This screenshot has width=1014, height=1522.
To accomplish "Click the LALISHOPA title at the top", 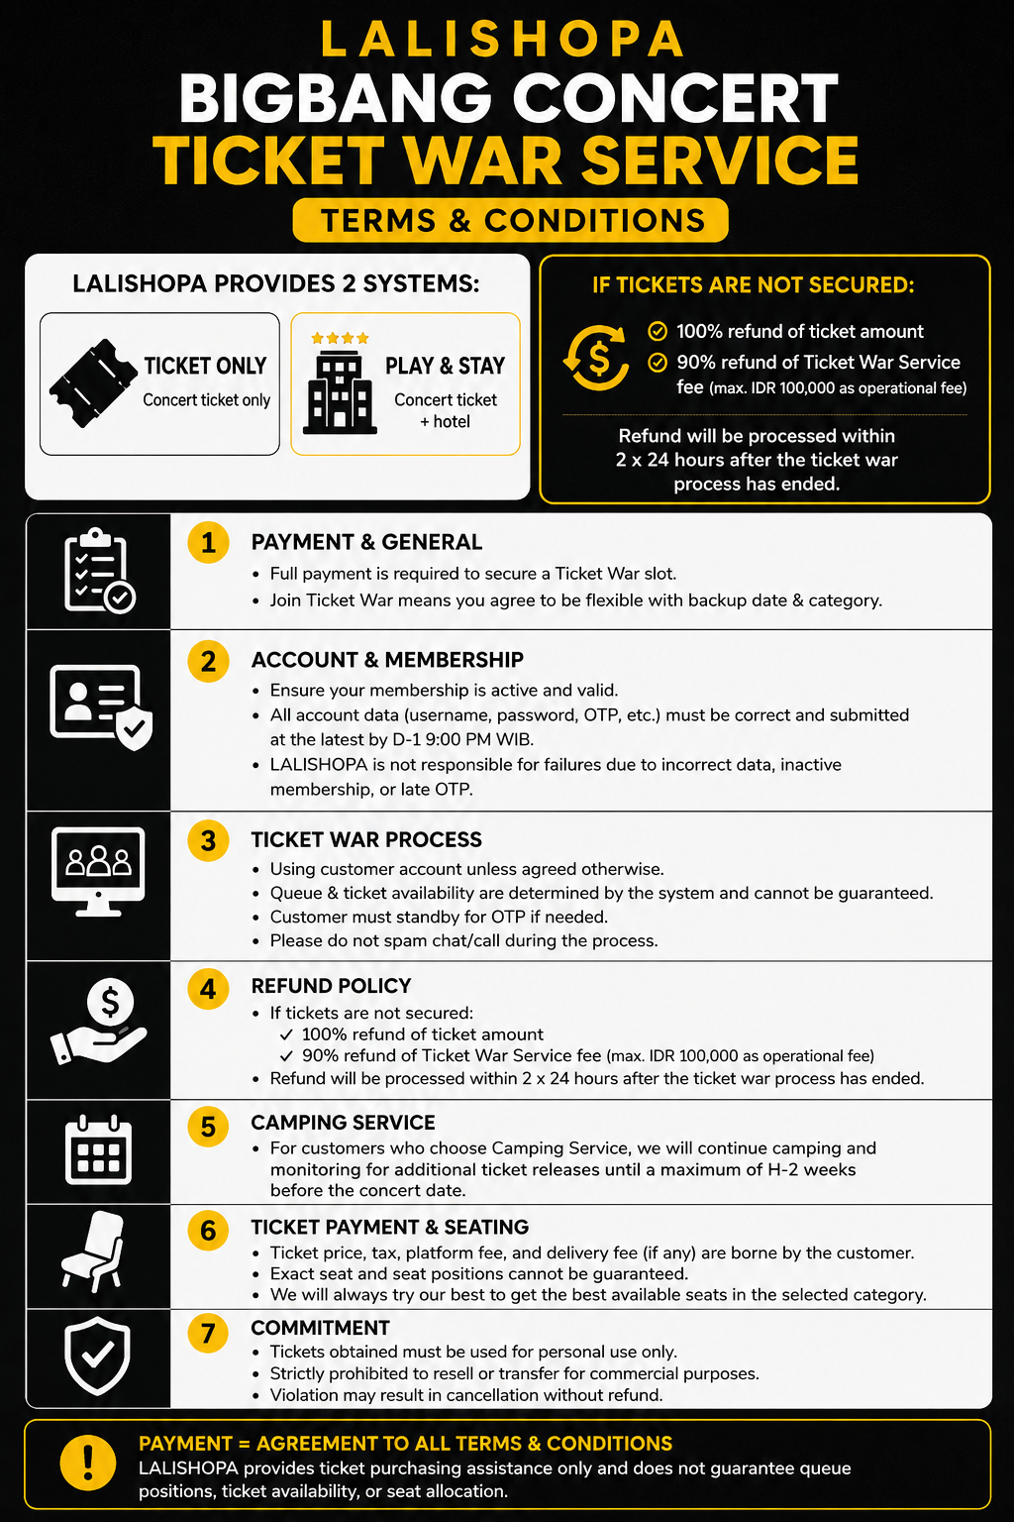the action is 503,40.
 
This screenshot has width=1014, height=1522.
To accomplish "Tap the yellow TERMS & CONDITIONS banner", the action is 510,220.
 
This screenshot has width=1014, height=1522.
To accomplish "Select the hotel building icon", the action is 340,393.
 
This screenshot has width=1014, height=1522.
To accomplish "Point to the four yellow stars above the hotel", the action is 340,338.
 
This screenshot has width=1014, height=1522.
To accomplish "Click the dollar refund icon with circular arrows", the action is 596,358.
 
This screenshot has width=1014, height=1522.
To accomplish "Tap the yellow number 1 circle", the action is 209,542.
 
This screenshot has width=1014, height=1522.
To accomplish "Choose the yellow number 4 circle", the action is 209,989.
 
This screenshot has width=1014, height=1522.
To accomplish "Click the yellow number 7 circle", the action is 209,1333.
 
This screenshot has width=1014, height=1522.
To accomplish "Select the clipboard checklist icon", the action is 99,571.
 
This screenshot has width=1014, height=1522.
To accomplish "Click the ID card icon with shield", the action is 101,707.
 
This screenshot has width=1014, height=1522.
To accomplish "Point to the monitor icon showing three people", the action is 98,872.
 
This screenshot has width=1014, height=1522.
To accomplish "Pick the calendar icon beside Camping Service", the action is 98,1149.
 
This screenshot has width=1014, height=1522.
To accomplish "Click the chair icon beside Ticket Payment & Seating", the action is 94,1250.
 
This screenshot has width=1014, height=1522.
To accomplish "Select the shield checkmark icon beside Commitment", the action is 97,1357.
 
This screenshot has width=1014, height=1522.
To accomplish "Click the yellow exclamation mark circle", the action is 87,1463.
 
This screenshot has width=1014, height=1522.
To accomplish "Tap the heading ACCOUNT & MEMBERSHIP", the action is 387,660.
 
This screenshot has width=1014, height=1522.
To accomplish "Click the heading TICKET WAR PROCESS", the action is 366,840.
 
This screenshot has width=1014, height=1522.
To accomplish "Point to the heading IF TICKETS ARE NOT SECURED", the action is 754,285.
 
